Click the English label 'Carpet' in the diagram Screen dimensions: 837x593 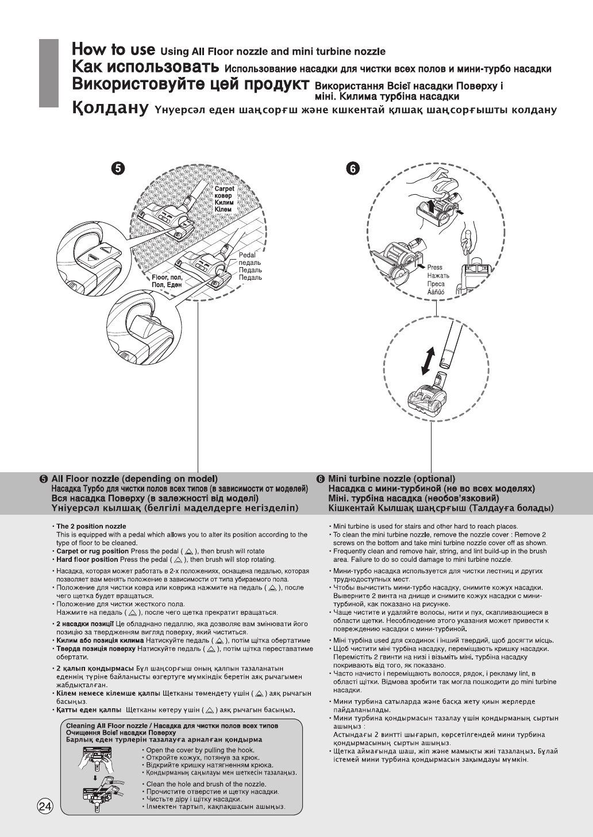(x=224, y=188)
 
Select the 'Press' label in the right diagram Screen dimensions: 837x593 (x=435, y=268)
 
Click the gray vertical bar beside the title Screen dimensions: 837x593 (x=49, y=73)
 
